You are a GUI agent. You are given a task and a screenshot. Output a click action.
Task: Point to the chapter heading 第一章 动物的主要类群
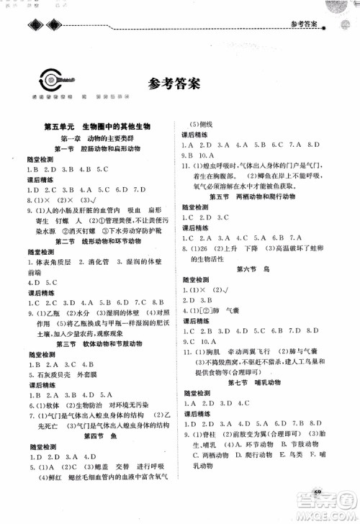click(x=103, y=136)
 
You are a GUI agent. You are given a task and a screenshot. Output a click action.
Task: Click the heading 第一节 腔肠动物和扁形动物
click(x=103, y=147)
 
